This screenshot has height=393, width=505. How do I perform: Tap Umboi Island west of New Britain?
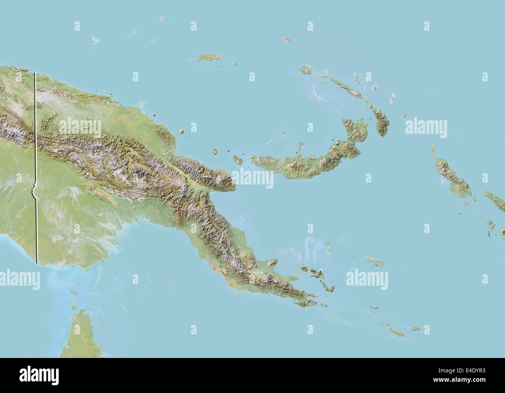click(x=238, y=160)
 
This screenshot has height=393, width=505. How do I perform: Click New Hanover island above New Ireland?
click(x=305, y=70)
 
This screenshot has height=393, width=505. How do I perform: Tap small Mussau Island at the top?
click(x=287, y=39)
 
